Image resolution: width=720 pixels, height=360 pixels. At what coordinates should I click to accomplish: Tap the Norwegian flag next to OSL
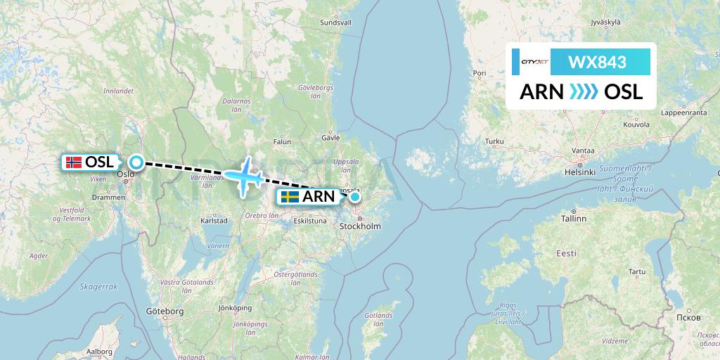(x=72, y=162)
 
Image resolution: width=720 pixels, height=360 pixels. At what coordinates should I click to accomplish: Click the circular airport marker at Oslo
(x=136, y=162)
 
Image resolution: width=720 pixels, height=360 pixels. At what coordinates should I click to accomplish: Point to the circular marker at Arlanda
(x=355, y=197)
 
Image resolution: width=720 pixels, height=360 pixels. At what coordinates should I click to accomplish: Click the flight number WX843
(x=597, y=62)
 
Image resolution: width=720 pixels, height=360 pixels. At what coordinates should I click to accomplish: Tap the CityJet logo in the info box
(x=534, y=62)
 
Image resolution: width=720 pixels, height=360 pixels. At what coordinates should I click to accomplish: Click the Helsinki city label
(x=581, y=172)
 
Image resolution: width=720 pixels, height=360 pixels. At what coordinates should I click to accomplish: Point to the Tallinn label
(x=574, y=219)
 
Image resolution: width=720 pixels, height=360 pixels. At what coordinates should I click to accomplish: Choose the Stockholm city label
(x=360, y=226)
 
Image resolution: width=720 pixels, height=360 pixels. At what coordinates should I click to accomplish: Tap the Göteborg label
(x=165, y=311)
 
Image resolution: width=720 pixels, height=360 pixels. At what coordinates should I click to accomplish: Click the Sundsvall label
(x=335, y=22)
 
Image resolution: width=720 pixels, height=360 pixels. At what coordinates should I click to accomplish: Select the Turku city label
(x=495, y=142)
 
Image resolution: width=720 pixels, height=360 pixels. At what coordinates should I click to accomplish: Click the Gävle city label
(x=330, y=138)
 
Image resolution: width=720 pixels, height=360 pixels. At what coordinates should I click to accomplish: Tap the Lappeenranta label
(x=683, y=112)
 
